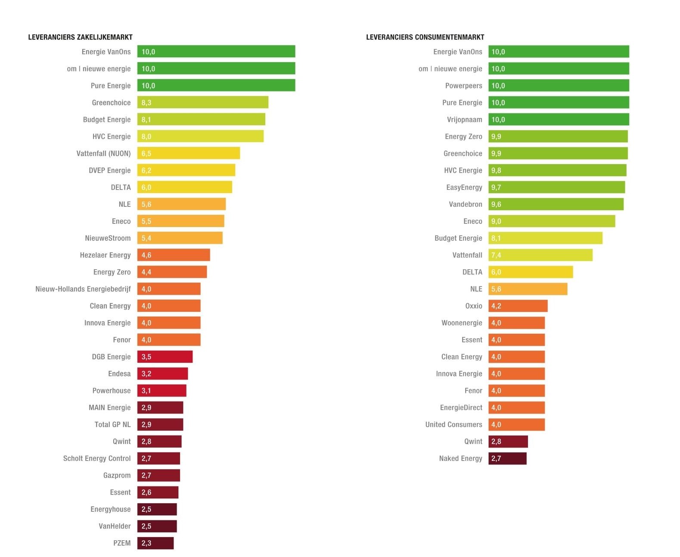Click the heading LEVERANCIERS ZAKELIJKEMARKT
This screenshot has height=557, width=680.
click(80, 37)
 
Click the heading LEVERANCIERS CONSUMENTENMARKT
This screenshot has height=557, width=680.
click(425, 37)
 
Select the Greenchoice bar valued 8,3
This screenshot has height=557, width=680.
click(202, 103)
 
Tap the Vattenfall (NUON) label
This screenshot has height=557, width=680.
click(103, 153)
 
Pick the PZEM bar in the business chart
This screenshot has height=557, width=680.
click(155, 543)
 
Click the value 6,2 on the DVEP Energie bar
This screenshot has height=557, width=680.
click(146, 171)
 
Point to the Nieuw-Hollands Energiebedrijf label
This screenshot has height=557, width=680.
click(83, 289)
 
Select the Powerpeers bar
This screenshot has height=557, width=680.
click(559, 86)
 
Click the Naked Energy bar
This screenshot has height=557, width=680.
click(507, 458)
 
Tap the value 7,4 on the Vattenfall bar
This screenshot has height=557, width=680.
click(496, 255)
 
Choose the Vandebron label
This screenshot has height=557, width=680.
click(465, 204)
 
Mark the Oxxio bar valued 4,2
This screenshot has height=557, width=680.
click(518, 306)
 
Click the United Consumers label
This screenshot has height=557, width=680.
click(453, 425)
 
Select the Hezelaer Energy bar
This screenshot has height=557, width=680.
click(174, 255)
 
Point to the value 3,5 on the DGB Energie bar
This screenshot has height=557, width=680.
click(146, 357)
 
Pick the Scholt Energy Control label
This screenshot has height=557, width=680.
click(97, 458)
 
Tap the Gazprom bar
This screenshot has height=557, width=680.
click(158, 476)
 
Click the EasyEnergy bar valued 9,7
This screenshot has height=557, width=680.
click(556, 187)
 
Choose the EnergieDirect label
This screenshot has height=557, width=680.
click(461, 408)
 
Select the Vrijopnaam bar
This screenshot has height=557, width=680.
click(559, 119)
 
